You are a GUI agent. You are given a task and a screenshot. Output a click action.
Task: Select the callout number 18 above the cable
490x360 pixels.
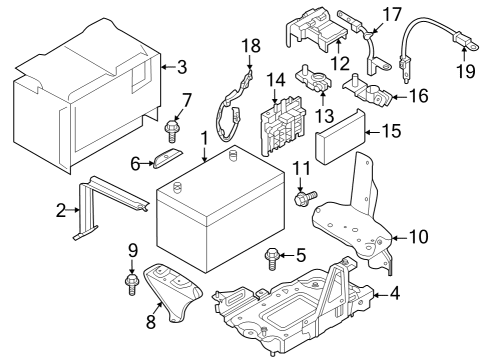click(250, 46)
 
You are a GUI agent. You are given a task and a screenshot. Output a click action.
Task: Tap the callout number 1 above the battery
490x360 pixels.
click(205, 137)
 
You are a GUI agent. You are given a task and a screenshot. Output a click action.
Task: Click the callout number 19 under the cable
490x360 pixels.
click(463, 72)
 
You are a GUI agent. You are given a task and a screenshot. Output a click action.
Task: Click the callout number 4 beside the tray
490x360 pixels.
click(397, 295)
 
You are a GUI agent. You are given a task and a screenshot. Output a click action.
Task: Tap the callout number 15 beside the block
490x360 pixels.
click(391, 129)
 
